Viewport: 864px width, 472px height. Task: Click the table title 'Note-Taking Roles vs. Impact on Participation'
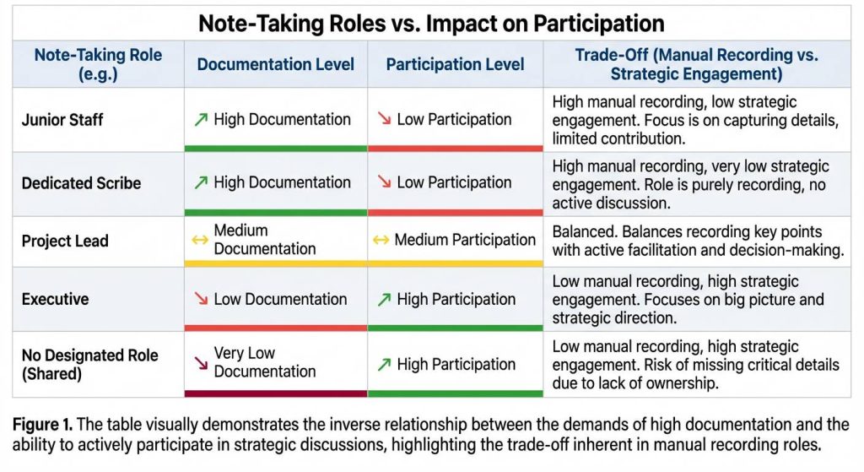[431, 22]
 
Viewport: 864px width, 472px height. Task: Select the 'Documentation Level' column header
[275, 64]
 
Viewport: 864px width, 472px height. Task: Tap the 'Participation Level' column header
[455, 64]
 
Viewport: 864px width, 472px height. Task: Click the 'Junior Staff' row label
[62, 120]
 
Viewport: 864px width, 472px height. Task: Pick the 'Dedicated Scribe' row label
[81, 183]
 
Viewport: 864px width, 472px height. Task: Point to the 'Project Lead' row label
[65, 241]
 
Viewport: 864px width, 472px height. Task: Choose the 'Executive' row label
[55, 299]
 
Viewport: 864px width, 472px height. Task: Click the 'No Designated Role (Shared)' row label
[89, 364]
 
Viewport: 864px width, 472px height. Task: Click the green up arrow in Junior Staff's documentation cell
[201, 120]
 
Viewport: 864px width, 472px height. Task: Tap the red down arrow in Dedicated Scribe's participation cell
[384, 182]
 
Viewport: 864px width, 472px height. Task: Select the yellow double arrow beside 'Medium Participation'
[381, 240]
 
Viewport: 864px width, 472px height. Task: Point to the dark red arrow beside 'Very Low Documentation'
[201, 363]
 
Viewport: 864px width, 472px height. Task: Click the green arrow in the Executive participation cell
[384, 299]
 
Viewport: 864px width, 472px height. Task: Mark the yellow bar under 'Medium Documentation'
[276, 263]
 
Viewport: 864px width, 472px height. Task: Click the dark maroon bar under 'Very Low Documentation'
[276, 393]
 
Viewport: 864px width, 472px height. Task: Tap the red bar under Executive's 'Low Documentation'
[276, 328]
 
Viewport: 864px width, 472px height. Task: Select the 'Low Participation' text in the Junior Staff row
[454, 120]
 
